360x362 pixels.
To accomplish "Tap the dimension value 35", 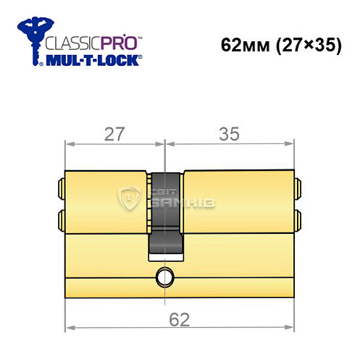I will pyautogui.click(x=230, y=134).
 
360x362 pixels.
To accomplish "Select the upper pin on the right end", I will pyautogui.click(x=298, y=190).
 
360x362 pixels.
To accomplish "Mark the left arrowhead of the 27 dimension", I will pyautogui.click(x=68, y=143).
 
